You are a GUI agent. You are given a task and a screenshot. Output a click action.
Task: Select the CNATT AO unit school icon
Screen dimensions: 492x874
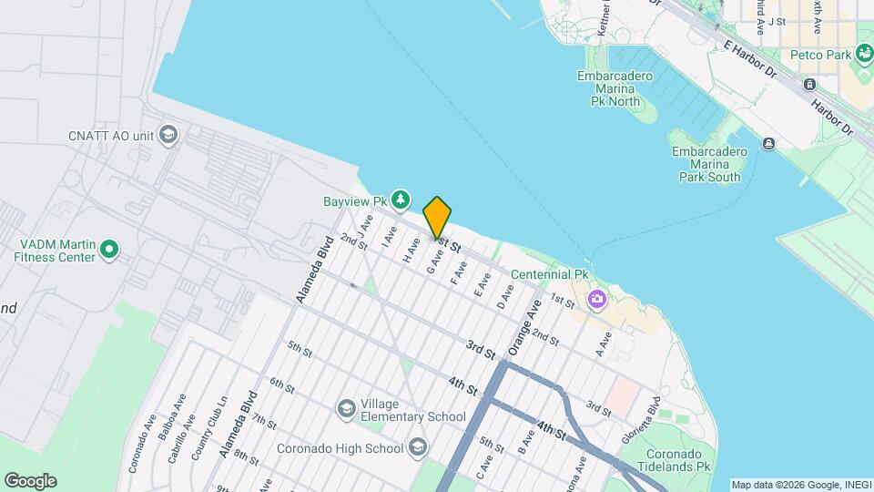[168, 136]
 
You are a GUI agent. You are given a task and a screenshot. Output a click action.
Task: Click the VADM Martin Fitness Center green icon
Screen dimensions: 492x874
[109, 248]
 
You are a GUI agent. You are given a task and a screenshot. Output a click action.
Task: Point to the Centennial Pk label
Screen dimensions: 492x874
[550, 274]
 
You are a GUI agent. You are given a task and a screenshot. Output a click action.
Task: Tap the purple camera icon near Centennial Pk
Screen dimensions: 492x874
[597, 299]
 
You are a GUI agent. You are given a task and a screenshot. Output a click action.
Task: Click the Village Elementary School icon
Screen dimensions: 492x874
[346, 409]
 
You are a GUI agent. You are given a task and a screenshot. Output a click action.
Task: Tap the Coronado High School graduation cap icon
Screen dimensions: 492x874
[417, 447]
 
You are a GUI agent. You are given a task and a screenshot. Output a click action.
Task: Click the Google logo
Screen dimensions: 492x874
[30, 481]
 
